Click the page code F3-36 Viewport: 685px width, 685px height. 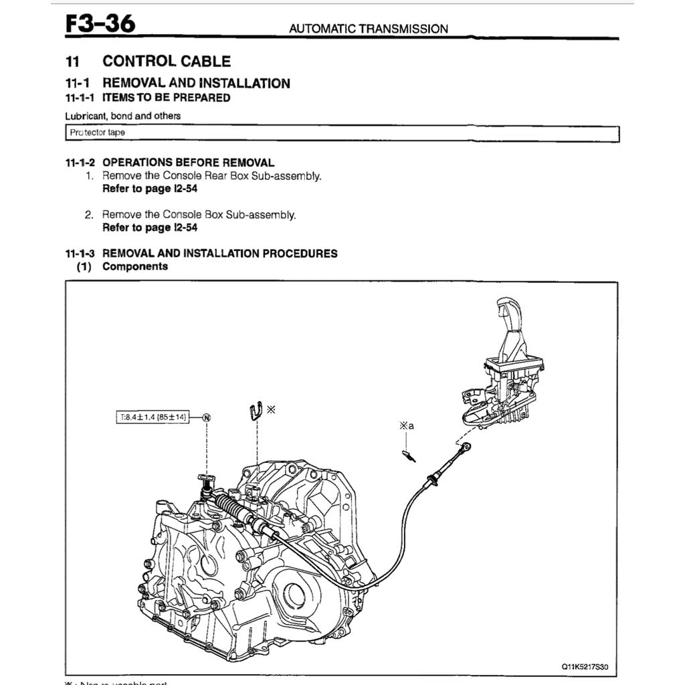100,24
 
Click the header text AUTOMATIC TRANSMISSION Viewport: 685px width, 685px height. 368,29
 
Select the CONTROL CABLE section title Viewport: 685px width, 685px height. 167,62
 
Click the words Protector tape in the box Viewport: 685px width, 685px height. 98,132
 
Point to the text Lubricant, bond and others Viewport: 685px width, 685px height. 123,116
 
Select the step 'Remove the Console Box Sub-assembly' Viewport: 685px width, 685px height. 199,215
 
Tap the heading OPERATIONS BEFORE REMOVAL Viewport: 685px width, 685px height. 188,163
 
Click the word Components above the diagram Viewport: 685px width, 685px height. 135,266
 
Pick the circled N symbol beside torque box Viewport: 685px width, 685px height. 207,417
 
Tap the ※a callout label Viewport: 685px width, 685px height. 407,425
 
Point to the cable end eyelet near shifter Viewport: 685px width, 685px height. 467,447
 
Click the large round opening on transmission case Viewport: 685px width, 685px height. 294,595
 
